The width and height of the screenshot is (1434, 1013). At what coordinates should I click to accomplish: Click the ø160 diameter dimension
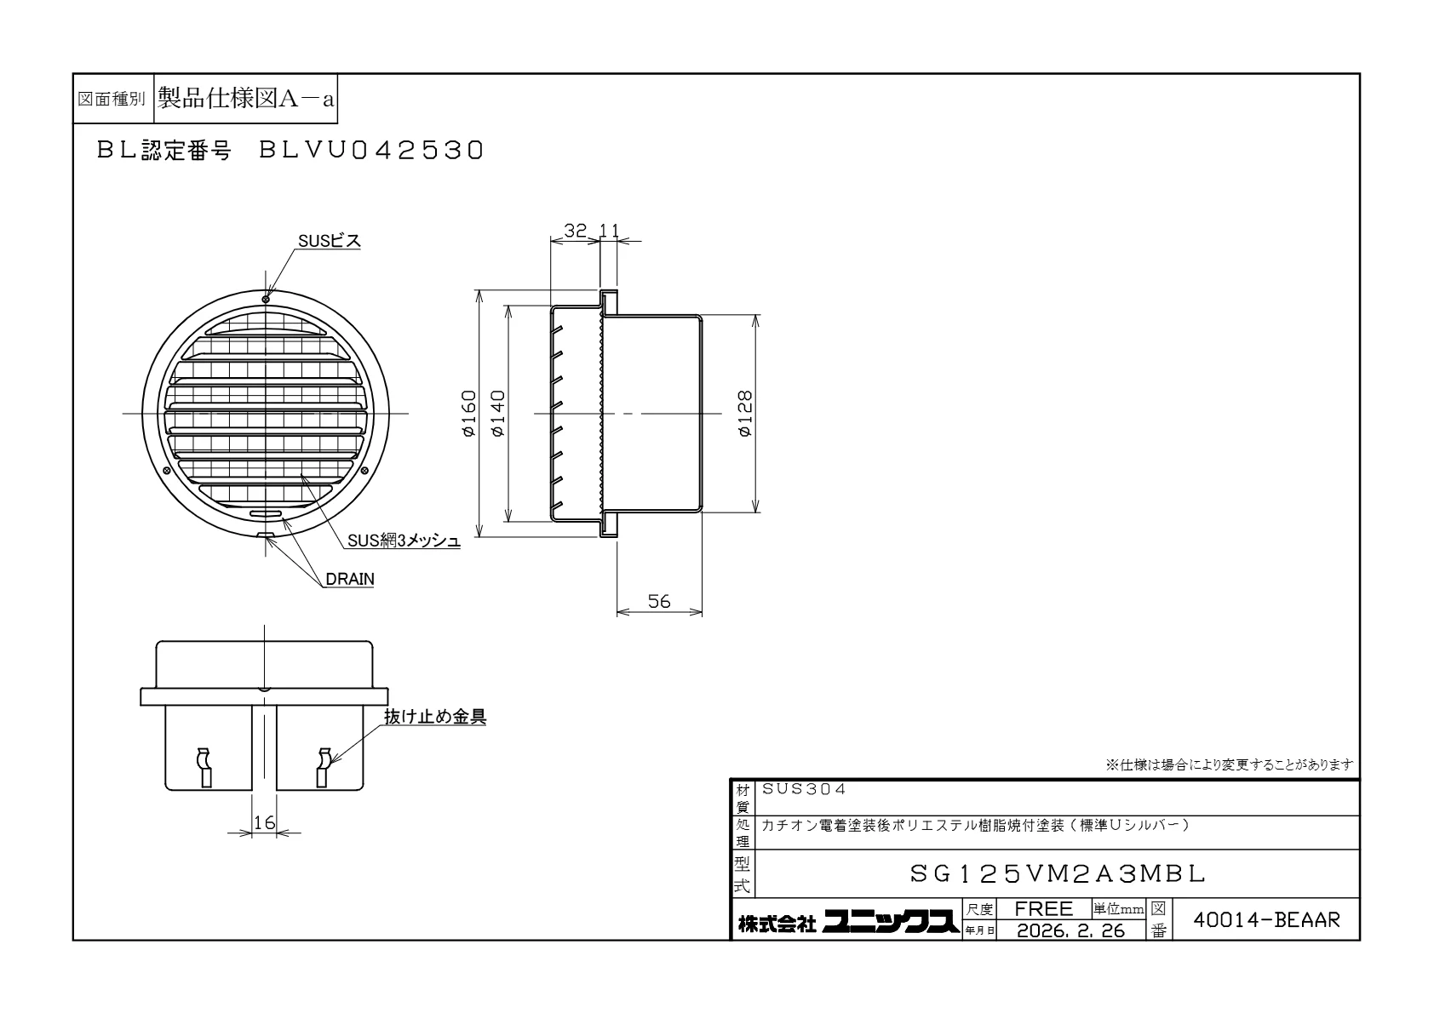pyautogui.click(x=469, y=414)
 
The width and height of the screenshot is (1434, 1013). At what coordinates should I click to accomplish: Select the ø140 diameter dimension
pyautogui.click(x=498, y=414)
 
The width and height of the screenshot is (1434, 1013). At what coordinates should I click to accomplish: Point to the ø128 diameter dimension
pyautogui.click(x=746, y=414)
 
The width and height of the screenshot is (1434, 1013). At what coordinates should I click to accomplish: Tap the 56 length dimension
pyautogui.click(x=659, y=601)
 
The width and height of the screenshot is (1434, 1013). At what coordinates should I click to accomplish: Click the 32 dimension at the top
pyautogui.click(x=575, y=230)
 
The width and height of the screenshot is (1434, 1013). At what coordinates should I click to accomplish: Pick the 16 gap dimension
pyautogui.click(x=264, y=822)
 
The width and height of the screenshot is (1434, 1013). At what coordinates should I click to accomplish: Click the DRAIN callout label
pyautogui.click(x=350, y=579)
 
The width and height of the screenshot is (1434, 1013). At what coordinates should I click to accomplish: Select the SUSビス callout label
pyautogui.click(x=330, y=241)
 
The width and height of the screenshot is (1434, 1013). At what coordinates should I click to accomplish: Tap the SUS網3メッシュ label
pyautogui.click(x=404, y=541)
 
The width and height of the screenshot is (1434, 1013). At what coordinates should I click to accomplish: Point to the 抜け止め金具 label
pyautogui.click(x=435, y=717)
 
